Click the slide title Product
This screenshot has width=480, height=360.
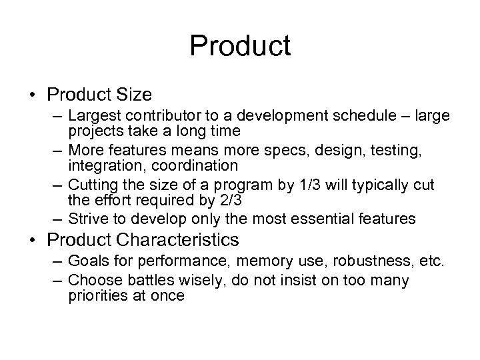240,46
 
